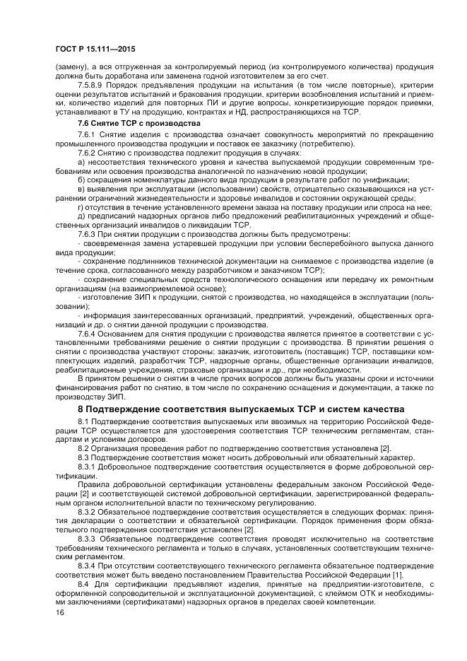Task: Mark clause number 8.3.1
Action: [x=88, y=468]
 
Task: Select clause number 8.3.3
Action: [x=88, y=538]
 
